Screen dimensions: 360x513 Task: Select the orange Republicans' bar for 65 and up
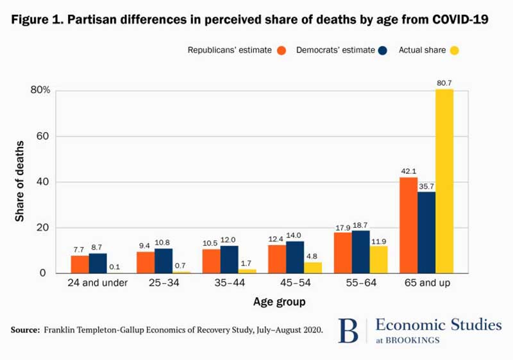[x=408, y=225]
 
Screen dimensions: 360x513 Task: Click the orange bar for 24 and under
[x=80, y=264]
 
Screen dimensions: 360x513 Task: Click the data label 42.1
[x=408, y=171]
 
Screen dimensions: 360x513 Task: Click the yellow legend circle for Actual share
[x=455, y=50]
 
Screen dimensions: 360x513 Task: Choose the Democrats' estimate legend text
[x=335, y=50]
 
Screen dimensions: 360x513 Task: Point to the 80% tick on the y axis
[x=40, y=90]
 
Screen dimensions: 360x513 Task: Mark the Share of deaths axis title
[x=20, y=182]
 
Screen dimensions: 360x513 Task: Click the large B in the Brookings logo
[x=350, y=330]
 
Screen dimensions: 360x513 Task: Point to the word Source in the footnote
[x=25, y=330]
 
